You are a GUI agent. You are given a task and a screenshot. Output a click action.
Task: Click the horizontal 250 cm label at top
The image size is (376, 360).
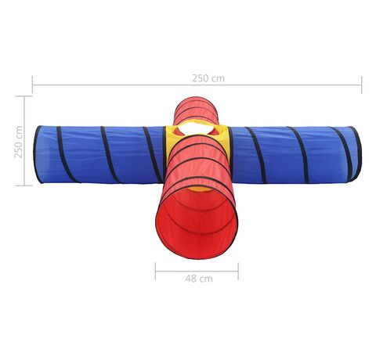tap(208, 78)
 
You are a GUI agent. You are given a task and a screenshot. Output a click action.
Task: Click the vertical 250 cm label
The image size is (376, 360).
tap(18, 142)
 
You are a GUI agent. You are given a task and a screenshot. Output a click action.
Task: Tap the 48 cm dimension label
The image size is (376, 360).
tap(199, 279)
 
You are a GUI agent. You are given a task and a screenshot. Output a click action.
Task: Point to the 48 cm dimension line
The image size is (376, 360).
tap(197, 272)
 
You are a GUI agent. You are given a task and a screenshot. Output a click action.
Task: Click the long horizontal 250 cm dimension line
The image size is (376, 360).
tap(197, 85)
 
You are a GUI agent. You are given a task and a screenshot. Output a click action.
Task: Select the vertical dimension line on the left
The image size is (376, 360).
tap(24, 141)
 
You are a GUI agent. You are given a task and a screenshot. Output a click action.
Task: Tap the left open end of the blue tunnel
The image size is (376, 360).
tap(38, 154)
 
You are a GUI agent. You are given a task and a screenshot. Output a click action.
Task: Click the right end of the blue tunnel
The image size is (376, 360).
tap(356, 154)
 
